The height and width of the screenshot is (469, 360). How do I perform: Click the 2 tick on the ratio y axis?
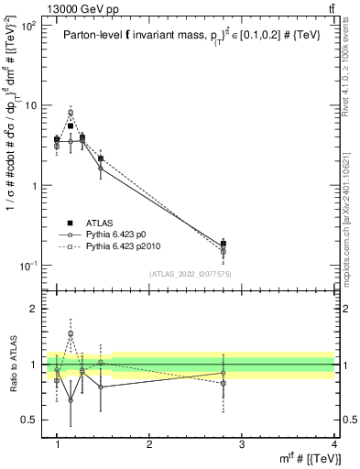pos(34,309)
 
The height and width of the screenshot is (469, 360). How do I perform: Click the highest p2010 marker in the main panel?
pos(71,113)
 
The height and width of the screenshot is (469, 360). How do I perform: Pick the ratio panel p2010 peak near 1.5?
pos(71,334)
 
